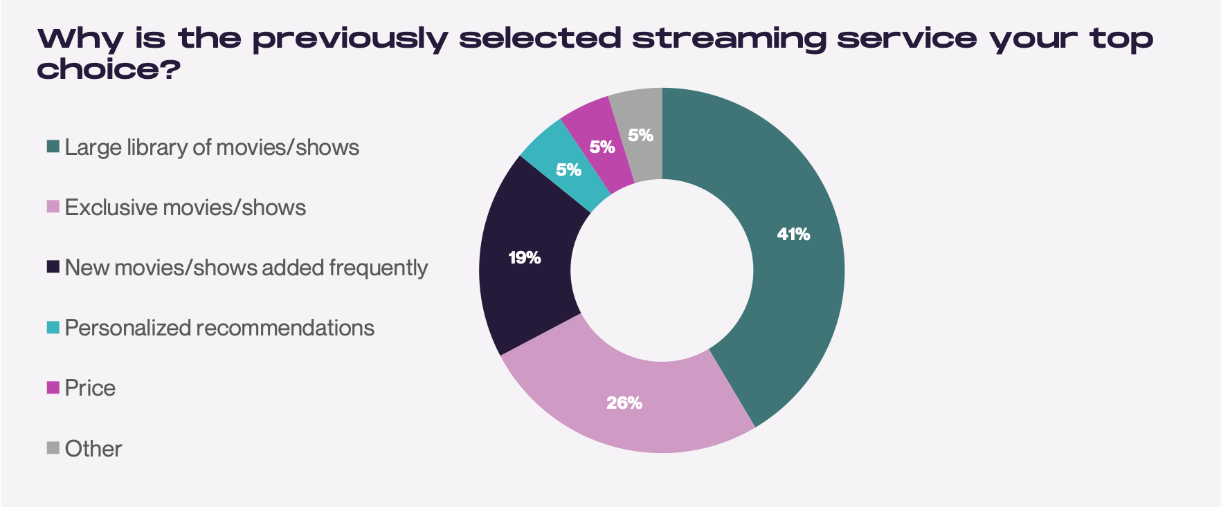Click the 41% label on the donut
(793, 234)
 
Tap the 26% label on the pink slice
(624, 403)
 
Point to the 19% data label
(525, 258)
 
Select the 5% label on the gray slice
(641, 136)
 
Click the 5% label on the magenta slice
(602, 147)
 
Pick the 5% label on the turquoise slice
(569, 169)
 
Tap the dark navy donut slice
(526, 263)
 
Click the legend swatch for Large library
(53, 147)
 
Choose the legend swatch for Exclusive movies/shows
(53, 207)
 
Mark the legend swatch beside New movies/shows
(53, 267)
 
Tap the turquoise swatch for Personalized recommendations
(53, 327)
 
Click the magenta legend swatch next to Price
(53, 387)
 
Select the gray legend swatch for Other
(53, 448)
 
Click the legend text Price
(90, 388)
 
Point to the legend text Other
(93, 449)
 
